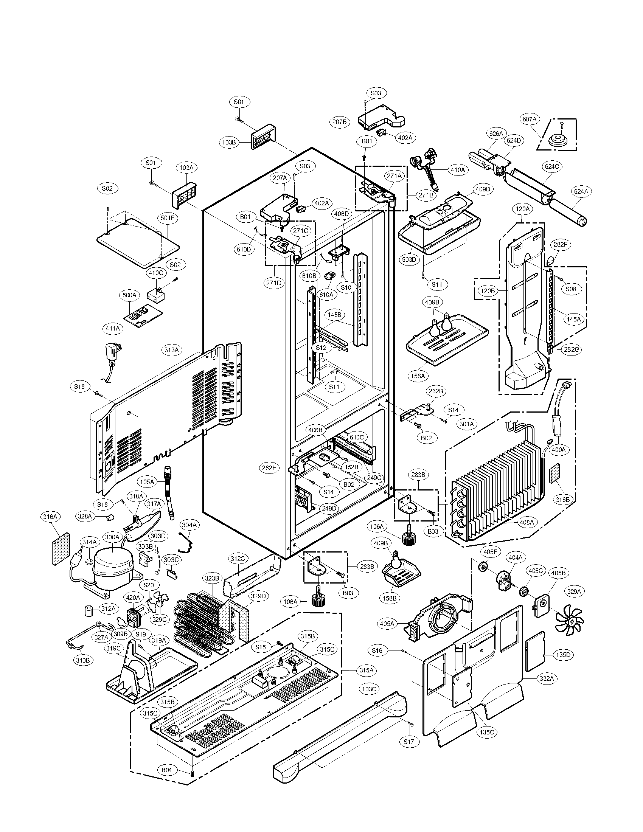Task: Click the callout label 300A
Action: click(112, 537)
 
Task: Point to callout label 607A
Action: click(529, 119)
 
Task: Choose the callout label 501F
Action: click(168, 218)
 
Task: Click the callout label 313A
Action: click(171, 350)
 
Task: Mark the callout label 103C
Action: click(369, 689)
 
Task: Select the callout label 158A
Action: click(418, 376)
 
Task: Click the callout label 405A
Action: click(387, 624)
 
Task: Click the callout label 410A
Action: click(458, 170)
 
